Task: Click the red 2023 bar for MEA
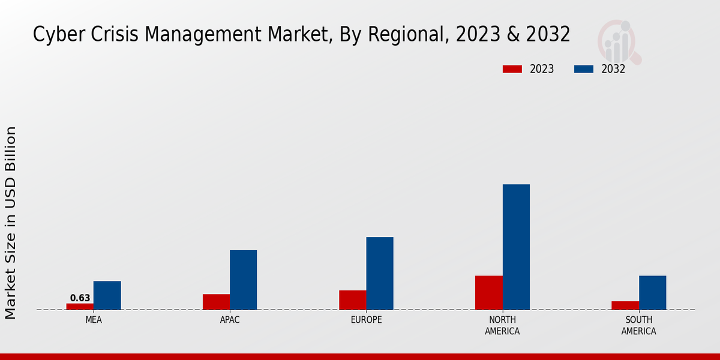point(80,307)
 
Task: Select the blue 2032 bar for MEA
point(107,295)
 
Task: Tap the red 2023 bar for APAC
point(216,302)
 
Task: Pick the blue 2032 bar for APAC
point(243,280)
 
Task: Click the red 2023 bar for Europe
point(352,300)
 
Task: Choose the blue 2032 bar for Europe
point(380,273)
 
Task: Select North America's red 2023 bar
point(488,293)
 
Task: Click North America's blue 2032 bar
point(516,247)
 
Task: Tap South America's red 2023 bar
point(625,305)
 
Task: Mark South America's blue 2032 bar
point(652,293)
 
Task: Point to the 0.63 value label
point(80,298)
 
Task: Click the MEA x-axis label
point(94,320)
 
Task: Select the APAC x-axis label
point(230,320)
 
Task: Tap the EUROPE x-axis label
point(366,320)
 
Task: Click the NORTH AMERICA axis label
point(503,326)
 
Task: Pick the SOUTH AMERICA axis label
point(638,326)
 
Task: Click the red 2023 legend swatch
point(512,69)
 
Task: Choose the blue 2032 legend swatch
point(584,69)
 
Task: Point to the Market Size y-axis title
point(11,222)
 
